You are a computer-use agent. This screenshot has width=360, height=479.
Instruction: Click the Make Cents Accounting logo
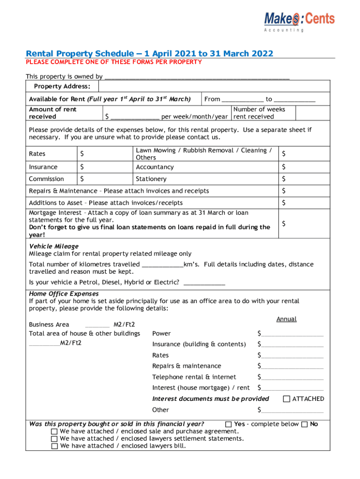(299, 21)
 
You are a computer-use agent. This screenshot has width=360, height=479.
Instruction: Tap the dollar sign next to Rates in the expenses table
(82, 154)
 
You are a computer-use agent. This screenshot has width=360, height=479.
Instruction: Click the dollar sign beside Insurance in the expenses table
(82, 167)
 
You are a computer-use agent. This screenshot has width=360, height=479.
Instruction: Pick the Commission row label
(46, 179)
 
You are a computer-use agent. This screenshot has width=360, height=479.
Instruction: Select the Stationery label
(151, 179)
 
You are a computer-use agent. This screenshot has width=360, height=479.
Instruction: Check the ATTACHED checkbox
(287, 399)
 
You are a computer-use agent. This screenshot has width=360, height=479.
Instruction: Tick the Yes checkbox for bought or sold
(229, 424)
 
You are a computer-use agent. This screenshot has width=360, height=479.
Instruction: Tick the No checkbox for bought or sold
(305, 424)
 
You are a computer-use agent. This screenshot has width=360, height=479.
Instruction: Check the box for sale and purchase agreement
(55, 431)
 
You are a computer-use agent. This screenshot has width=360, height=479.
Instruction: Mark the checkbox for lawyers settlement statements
(55, 439)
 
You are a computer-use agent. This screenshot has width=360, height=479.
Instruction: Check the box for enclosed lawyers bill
(55, 446)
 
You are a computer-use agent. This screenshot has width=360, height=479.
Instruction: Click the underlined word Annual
(286, 319)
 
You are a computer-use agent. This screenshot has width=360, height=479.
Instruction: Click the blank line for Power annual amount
(292, 334)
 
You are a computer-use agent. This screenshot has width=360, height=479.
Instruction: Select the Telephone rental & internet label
(194, 377)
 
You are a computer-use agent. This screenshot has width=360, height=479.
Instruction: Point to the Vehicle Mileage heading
(54, 246)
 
